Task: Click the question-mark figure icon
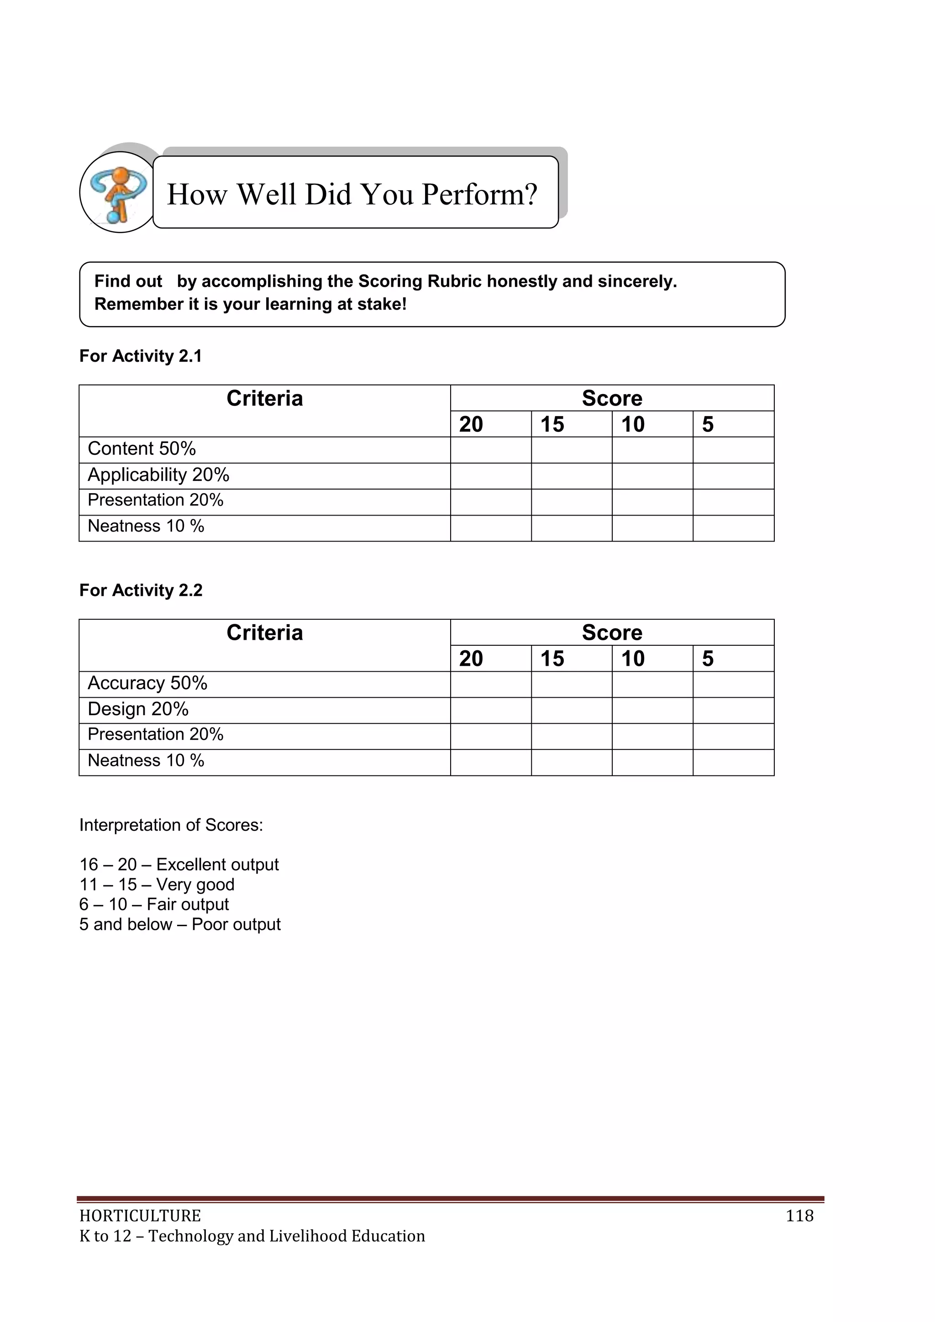pos(119,192)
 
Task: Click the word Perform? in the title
pos(479,195)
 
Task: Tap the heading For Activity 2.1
pos(141,356)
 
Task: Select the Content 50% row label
pos(142,448)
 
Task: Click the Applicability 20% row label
pos(158,475)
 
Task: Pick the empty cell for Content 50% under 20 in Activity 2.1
pos(490,450)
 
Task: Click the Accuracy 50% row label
pos(147,683)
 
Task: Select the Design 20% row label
pos(138,709)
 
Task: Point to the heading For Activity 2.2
pos(141,590)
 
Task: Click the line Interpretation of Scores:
pos(171,825)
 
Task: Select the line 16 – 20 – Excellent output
pos(179,864)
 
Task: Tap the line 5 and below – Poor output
pos(179,924)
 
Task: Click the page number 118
pos(799,1216)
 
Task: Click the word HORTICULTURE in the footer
pos(140,1216)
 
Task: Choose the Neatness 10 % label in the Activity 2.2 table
pos(146,761)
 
